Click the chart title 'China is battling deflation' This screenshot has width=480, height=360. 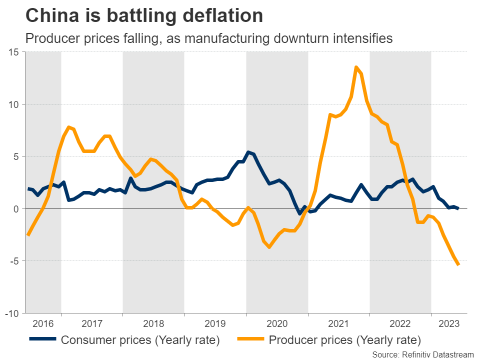[x=144, y=16]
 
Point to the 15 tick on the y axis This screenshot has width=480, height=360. [x=13, y=52]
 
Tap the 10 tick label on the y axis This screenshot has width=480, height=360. [x=13, y=104]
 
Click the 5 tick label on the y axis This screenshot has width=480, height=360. [x=16, y=156]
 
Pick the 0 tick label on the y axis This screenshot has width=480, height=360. [x=16, y=209]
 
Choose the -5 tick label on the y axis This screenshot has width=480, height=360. [x=14, y=261]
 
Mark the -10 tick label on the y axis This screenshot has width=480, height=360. [x=11, y=313]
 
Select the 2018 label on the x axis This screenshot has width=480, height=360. [x=153, y=323]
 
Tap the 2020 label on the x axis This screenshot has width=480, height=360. [x=277, y=323]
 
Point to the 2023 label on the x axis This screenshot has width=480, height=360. [x=449, y=323]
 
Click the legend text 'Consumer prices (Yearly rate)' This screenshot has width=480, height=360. [x=140, y=340]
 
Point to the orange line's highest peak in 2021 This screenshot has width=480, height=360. [x=356, y=67]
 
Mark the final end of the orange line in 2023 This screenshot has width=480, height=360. [x=458, y=265]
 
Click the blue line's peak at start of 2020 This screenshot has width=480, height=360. [x=248, y=152]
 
